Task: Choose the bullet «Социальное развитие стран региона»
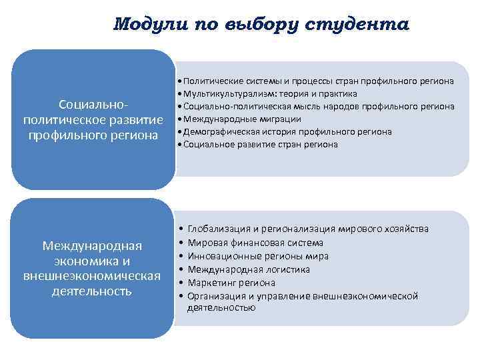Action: (x=260, y=144)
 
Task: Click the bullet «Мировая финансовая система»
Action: (x=255, y=243)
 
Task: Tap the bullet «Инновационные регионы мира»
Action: (x=258, y=256)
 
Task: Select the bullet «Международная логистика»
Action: (x=249, y=269)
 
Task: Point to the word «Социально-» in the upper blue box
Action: (x=93, y=106)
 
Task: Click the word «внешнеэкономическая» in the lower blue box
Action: (x=93, y=276)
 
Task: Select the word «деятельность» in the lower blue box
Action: (x=93, y=291)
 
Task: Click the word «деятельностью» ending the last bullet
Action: (x=221, y=307)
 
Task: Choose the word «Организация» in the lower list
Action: (x=215, y=296)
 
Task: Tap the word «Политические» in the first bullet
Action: (x=212, y=81)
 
